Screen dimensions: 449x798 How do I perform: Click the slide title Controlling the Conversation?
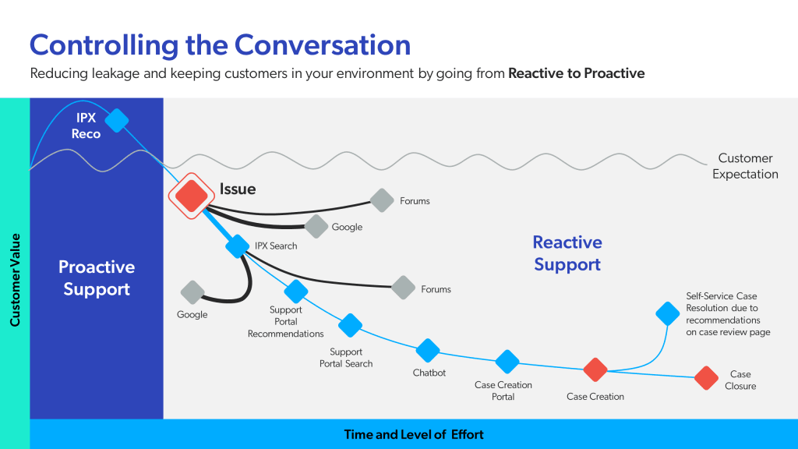220,44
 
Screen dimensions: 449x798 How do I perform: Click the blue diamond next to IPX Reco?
117,120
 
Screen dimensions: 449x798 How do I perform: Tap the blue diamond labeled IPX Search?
237,246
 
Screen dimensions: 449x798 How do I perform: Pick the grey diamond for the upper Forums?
381,200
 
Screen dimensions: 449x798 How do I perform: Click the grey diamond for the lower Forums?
403,288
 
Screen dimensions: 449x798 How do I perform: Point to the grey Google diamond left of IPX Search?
192,292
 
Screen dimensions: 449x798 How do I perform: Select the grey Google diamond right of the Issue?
316,226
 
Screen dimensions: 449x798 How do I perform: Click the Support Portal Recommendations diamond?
296,292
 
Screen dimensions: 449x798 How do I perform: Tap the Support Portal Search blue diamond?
351,325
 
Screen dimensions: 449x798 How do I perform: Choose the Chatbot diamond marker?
428,351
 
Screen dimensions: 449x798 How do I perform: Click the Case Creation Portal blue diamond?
507,362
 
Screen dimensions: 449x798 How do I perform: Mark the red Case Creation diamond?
595,370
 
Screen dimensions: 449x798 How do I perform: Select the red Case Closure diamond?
706,378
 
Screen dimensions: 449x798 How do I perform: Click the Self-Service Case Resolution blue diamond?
667,313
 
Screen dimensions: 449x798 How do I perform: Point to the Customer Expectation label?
745,166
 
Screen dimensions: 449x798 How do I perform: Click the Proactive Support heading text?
97,278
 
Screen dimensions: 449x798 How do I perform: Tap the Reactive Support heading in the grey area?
567,253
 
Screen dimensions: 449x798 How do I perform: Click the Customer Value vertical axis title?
15,279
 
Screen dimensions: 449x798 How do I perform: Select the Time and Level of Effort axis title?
414,434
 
